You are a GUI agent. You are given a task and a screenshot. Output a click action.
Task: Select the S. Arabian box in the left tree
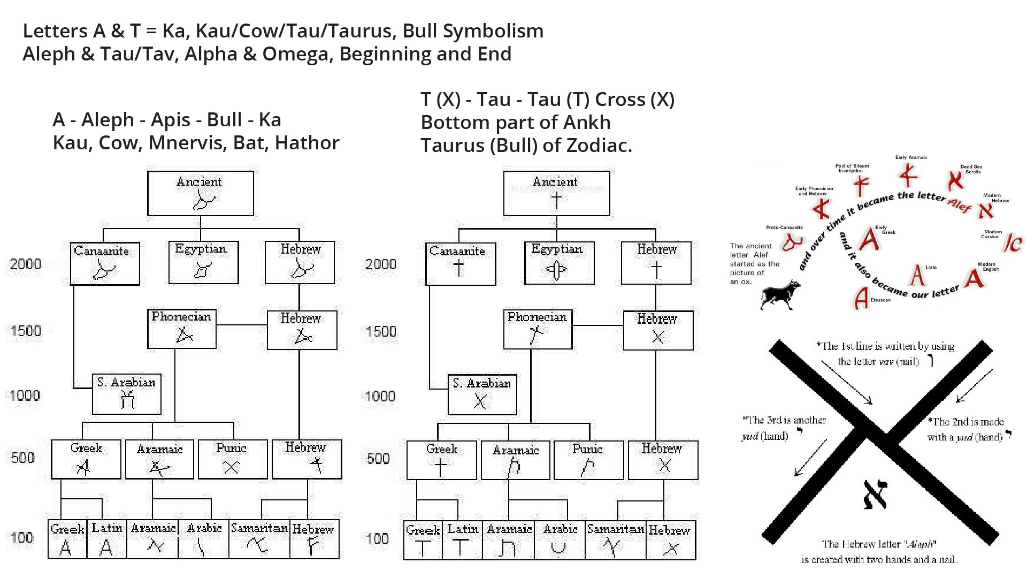tap(126, 394)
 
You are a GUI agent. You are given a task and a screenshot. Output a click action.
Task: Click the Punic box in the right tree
tap(588, 460)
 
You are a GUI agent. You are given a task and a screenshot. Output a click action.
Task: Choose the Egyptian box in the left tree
tap(203, 262)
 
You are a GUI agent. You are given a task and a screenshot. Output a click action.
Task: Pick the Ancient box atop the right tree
tap(556, 193)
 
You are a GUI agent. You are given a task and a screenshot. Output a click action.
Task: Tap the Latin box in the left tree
tap(106, 539)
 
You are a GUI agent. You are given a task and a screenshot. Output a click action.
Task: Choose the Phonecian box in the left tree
tap(182, 329)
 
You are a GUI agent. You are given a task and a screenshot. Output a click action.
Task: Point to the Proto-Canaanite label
tap(784, 227)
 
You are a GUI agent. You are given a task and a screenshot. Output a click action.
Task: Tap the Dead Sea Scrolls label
tap(971, 169)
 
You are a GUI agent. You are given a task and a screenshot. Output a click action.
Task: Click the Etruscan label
tap(880, 300)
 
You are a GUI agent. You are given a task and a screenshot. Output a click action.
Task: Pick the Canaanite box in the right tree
tap(461, 264)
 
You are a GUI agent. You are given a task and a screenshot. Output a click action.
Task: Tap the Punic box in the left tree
tap(233, 459)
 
